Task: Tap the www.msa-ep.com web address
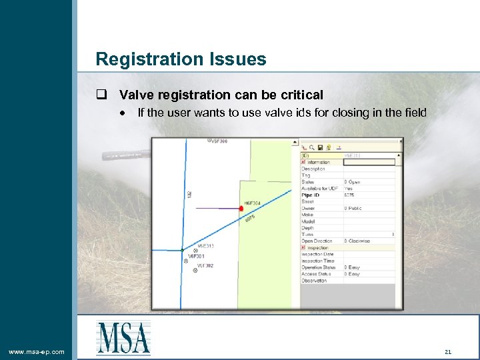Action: pos(37,351)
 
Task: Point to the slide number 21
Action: pos(447,351)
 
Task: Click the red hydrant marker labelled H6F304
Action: pos(241,209)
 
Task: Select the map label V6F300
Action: pos(219,141)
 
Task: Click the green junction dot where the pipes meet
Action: pos(182,250)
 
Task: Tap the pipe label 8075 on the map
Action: pos(250,219)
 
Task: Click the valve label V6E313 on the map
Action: pos(205,246)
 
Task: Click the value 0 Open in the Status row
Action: pos(353,182)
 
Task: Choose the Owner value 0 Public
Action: pos(353,209)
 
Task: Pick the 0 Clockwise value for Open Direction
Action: pos(357,241)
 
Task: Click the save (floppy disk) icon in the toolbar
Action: pos(320,147)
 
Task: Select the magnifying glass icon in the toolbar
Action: pos(311,147)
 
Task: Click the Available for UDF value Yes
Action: pos(349,189)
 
